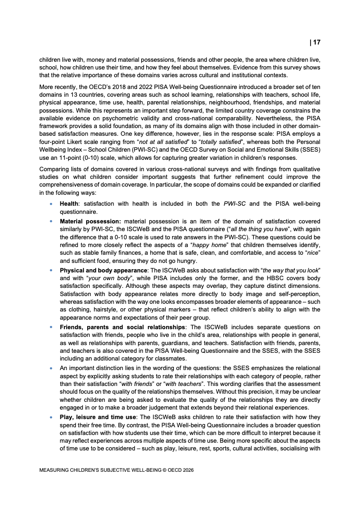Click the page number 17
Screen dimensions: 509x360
tap(316, 42)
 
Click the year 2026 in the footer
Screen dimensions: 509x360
tap(187, 470)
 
